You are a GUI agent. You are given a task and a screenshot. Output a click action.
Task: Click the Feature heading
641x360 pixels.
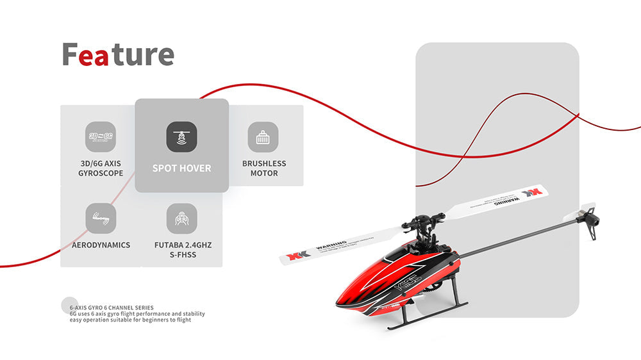(x=118, y=55)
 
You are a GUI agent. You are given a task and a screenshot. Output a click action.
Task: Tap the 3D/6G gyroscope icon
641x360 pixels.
(x=101, y=137)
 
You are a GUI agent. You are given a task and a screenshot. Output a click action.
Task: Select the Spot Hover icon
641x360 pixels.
(x=181, y=136)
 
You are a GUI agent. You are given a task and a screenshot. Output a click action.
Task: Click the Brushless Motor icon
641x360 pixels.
(x=263, y=137)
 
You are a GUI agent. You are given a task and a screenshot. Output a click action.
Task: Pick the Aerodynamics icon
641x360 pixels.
(x=101, y=218)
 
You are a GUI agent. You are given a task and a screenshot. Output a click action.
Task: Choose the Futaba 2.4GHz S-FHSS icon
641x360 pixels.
(x=181, y=218)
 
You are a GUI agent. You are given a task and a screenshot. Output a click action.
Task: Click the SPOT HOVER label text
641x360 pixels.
(x=181, y=168)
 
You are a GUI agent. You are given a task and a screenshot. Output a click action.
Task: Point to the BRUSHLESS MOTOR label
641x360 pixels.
(x=264, y=168)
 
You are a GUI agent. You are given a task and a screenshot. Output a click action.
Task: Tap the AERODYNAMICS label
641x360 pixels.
(x=101, y=245)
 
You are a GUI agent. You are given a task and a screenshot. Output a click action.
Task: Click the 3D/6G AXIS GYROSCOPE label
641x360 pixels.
(x=101, y=168)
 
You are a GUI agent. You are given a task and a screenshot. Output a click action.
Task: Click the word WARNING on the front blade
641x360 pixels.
(x=331, y=245)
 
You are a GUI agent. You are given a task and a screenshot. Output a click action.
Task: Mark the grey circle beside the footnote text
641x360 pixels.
(x=69, y=306)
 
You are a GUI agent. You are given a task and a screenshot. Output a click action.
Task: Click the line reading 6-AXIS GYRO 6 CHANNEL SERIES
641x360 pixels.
(x=112, y=308)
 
